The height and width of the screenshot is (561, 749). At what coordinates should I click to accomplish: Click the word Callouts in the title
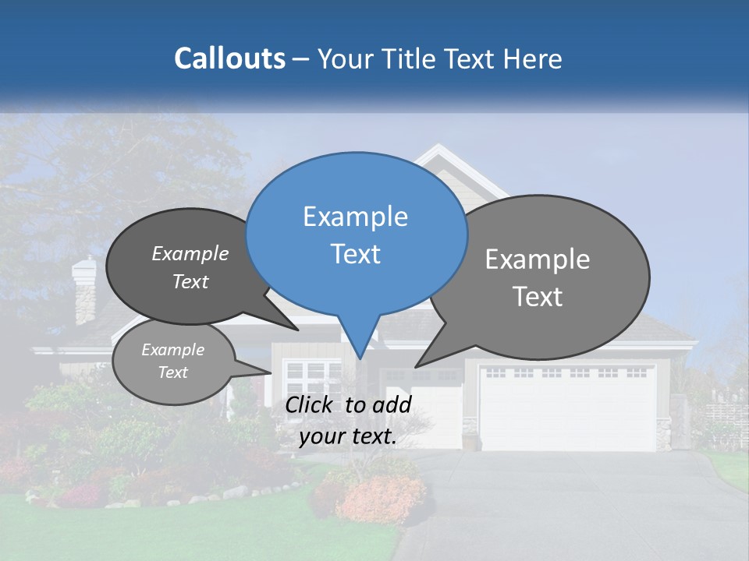point(229,59)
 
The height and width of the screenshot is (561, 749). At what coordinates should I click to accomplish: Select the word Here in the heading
point(534,59)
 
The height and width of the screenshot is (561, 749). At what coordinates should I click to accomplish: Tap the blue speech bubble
point(357,234)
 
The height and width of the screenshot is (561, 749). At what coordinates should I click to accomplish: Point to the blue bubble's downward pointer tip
point(360,358)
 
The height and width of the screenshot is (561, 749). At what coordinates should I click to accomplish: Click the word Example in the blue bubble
point(355,217)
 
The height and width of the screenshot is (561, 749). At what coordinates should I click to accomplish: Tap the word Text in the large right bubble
point(538,297)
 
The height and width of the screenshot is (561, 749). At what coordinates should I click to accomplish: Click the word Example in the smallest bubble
point(172,350)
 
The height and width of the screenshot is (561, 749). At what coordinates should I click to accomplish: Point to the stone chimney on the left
point(83,291)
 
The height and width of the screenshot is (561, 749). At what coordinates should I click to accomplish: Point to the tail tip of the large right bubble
point(416,367)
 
